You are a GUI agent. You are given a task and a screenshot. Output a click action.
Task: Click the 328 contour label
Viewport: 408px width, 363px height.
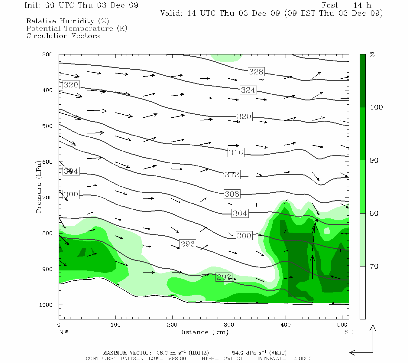click(x=256, y=72)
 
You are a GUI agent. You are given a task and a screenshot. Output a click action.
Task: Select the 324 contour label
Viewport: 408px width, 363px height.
click(x=248, y=90)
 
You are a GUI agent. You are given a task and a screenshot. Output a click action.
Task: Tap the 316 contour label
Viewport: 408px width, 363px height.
click(x=236, y=152)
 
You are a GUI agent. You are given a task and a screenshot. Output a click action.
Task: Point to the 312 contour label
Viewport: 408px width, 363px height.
click(x=232, y=175)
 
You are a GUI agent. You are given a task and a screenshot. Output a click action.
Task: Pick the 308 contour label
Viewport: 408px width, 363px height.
click(x=232, y=194)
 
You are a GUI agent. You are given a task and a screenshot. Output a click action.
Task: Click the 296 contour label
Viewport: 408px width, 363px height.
click(x=187, y=244)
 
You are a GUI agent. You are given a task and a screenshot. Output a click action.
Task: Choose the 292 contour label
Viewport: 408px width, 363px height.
click(x=224, y=277)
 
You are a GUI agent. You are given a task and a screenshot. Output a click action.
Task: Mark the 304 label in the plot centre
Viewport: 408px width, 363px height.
click(x=240, y=213)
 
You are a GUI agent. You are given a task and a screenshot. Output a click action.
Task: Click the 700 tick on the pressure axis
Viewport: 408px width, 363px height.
click(x=47, y=198)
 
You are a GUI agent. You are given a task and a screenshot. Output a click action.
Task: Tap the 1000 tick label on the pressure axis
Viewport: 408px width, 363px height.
click(x=46, y=305)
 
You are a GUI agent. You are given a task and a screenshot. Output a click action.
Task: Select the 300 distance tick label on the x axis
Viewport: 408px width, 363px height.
click(x=229, y=325)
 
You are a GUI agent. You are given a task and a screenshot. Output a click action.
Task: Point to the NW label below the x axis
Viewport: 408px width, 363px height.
click(x=63, y=332)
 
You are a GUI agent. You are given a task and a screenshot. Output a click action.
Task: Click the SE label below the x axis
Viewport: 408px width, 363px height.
click(x=348, y=332)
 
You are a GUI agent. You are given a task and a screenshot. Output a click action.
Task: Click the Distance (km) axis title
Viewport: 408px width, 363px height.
click(x=203, y=332)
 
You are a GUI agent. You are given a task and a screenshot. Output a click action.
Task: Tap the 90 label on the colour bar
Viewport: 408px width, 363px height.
click(x=374, y=160)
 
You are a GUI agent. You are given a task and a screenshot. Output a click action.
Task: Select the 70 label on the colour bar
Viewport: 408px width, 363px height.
click(x=374, y=267)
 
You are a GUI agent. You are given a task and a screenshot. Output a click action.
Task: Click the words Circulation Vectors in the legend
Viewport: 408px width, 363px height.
click(x=63, y=36)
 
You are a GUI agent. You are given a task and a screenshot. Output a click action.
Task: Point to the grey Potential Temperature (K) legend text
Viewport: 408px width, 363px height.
click(x=77, y=28)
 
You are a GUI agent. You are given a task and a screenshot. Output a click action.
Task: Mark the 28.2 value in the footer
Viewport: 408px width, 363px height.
click(x=162, y=353)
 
